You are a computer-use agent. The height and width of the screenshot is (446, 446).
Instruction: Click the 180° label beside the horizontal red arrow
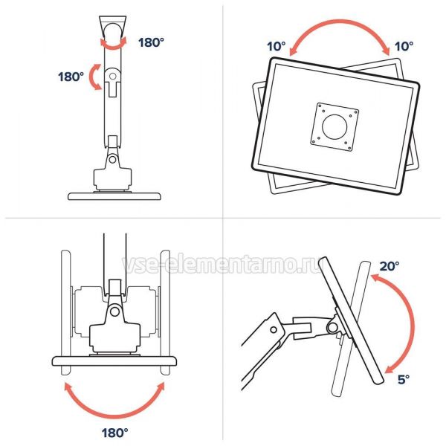(151, 42)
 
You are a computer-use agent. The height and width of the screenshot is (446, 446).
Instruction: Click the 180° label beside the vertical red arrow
(71, 77)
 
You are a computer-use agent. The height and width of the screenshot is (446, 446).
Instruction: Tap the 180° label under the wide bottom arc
(114, 433)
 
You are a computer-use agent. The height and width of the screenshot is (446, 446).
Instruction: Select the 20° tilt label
(389, 266)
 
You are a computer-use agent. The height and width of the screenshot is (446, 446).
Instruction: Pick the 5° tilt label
(404, 379)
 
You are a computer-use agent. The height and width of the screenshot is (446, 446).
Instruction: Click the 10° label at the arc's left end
(277, 46)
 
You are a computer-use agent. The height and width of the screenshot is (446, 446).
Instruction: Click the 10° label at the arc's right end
(404, 46)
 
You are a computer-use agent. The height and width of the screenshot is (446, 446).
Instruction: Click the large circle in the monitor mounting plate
(334, 127)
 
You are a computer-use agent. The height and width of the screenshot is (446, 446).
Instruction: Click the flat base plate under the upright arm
(114, 196)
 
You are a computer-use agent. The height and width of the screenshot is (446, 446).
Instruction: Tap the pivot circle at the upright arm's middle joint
(113, 77)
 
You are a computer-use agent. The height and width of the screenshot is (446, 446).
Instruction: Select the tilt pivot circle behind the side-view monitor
(332, 327)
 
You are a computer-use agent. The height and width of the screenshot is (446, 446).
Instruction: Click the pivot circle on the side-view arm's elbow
(274, 330)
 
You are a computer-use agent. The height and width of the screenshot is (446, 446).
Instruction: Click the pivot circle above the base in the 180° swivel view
(114, 311)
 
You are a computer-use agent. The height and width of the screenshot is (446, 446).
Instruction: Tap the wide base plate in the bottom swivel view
(114, 361)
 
